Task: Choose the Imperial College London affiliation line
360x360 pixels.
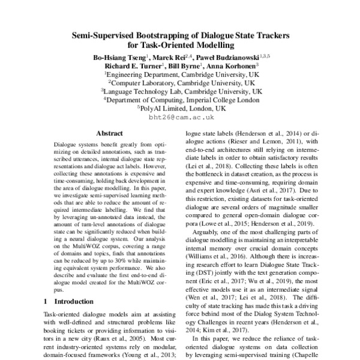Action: [x=180, y=100]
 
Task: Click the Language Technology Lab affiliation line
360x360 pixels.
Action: [x=181, y=91]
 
